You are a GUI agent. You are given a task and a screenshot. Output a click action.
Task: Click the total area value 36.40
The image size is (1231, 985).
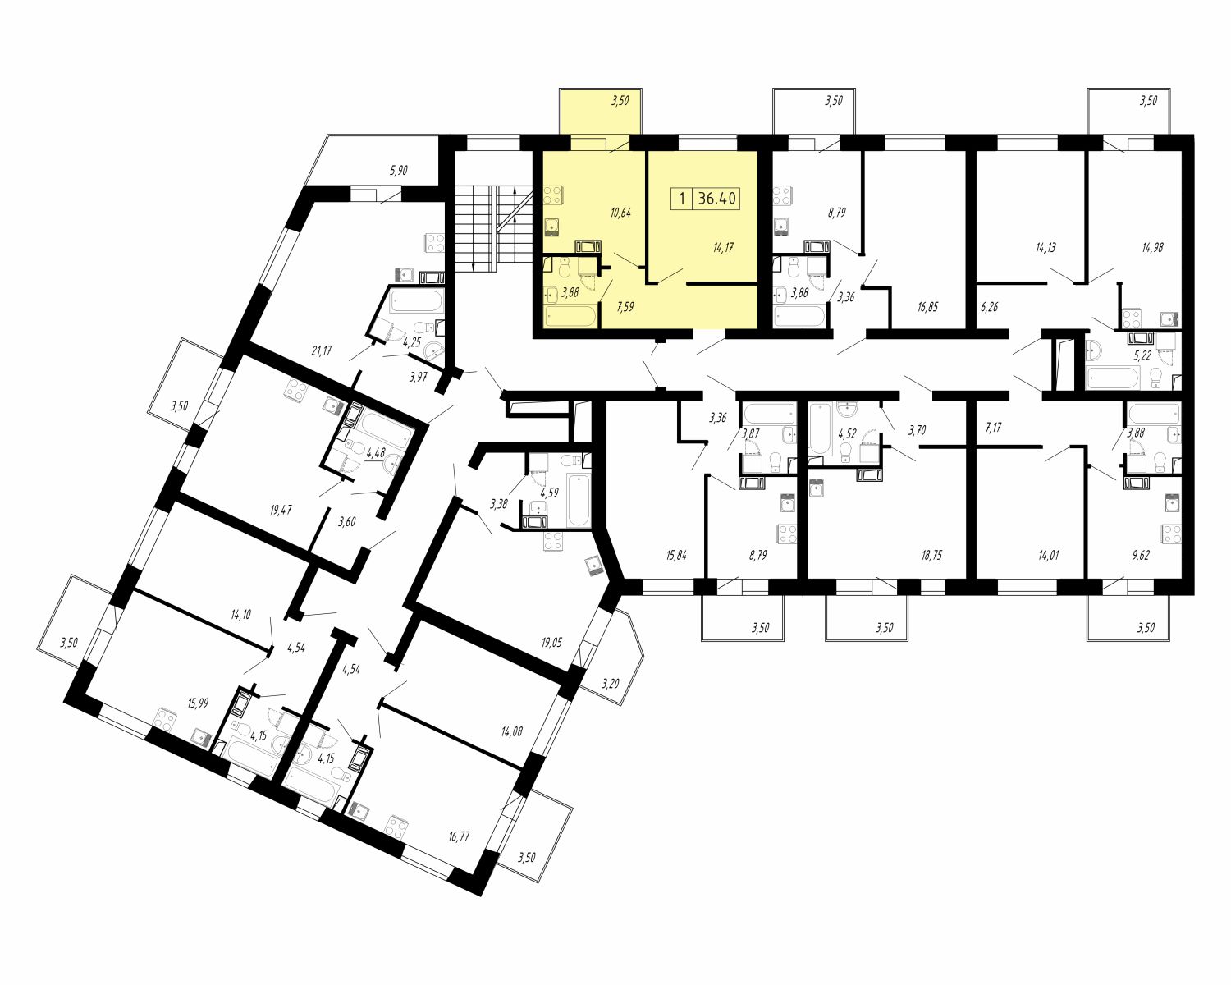(x=716, y=199)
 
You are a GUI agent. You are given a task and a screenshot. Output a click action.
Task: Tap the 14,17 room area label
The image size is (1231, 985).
(x=723, y=248)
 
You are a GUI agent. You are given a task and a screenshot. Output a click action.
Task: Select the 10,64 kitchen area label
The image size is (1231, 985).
(x=620, y=213)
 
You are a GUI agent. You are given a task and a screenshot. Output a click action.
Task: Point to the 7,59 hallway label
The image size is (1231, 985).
(x=625, y=307)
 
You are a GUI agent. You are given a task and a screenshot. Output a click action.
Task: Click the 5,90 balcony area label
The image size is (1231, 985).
(x=398, y=170)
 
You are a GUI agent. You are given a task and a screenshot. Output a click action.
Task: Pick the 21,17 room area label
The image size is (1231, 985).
(x=322, y=350)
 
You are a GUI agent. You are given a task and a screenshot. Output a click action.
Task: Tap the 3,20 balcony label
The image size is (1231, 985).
(x=611, y=683)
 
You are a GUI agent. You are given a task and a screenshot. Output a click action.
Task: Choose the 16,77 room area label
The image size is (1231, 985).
(x=459, y=836)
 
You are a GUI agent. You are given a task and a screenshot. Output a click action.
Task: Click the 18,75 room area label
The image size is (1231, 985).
(x=931, y=555)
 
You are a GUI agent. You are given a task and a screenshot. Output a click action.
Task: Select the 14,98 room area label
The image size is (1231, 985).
(x=1152, y=248)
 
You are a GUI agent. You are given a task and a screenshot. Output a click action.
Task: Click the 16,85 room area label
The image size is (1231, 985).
(x=928, y=307)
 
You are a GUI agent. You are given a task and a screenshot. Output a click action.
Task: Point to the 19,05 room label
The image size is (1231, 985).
(x=551, y=642)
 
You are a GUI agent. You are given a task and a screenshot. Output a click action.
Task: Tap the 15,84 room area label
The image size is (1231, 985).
(x=676, y=555)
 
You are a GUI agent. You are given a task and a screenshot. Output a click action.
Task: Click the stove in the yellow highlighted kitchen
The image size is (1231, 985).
(x=552, y=195)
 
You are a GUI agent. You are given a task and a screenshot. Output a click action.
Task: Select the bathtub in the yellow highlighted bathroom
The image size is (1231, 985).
(x=570, y=317)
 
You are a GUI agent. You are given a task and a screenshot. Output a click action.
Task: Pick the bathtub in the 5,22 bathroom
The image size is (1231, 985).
(x=1114, y=378)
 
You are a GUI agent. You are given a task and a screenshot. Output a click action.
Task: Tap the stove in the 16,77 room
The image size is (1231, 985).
(x=396, y=826)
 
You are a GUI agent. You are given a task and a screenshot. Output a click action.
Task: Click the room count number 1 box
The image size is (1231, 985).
(x=681, y=199)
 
